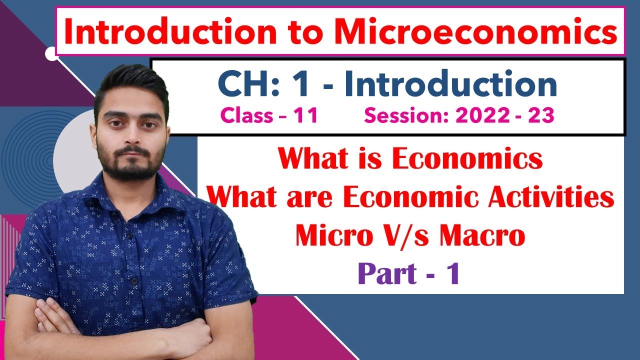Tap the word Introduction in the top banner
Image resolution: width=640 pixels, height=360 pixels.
tap(162, 31)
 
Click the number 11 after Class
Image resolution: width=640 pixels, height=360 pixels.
tap(306, 116)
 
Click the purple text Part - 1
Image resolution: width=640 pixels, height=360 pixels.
tap(408, 274)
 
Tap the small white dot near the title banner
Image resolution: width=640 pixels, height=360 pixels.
tap(51, 53)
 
